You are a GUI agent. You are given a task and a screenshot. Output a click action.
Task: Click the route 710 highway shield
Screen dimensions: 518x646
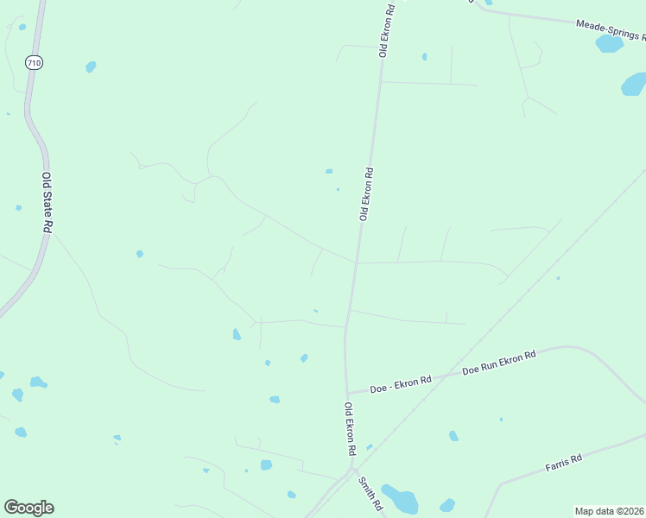point(33,62)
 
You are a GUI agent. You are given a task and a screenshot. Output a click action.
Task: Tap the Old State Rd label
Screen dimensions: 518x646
point(48,202)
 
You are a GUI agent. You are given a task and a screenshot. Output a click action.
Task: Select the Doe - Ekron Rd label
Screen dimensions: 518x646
point(401,384)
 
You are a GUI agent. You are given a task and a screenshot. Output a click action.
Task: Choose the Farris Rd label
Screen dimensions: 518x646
point(563,463)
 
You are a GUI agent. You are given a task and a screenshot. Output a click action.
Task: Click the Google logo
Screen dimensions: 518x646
point(28,508)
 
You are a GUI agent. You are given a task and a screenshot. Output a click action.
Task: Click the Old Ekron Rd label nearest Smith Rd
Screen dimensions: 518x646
point(351,429)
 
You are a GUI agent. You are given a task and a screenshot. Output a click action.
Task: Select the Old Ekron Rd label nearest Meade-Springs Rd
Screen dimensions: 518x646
point(388,30)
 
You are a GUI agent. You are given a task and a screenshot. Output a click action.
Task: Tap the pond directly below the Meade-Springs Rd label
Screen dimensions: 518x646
point(609,43)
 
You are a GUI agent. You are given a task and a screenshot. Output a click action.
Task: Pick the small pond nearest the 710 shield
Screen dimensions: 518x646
point(91,66)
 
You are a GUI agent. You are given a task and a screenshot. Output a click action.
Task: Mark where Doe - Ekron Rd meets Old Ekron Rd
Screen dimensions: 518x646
point(347,393)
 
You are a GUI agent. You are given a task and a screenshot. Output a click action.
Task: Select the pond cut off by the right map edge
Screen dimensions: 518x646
point(634,84)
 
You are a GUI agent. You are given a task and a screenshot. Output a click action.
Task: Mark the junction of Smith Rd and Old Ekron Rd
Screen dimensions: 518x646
point(351,471)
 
